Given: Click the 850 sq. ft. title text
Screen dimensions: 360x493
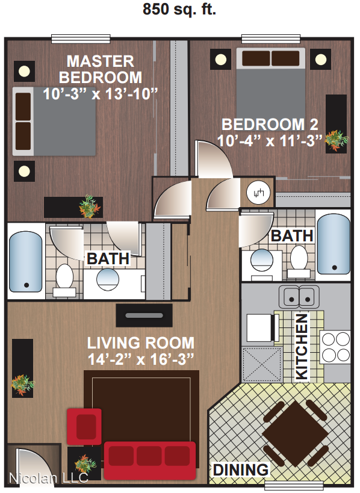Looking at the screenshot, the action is click(x=179, y=9).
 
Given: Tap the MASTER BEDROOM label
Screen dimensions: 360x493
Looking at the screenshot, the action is click(x=101, y=69).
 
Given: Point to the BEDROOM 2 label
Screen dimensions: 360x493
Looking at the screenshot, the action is click(x=270, y=125).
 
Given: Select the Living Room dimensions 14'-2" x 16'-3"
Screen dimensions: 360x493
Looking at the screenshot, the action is click(x=140, y=359).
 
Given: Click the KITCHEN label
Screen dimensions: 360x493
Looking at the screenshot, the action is click(x=302, y=347).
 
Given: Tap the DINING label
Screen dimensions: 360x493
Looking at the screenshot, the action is click(x=241, y=470).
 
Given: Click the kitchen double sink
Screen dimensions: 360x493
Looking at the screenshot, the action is click(x=299, y=297).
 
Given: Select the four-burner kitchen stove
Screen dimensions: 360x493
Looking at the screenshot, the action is click(x=335, y=347).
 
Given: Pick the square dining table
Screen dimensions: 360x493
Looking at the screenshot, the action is click(x=295, y=434).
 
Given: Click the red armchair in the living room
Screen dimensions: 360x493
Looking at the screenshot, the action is click(x=84, y=427).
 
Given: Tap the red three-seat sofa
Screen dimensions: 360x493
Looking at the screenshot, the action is click(x=150, y=460).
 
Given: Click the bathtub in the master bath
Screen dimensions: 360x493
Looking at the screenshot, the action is click(x=25, y=262).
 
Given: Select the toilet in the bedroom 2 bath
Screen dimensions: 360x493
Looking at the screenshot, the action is click(x=299, y=262).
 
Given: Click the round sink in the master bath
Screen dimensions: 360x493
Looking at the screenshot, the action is click(x=108, y=279).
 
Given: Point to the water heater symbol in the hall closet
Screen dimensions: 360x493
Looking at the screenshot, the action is click(x=258, y=193).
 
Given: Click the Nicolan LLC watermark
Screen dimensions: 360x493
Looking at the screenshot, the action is click(x=48, y=478).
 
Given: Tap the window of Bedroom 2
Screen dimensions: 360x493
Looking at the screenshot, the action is click(x=271, y=39).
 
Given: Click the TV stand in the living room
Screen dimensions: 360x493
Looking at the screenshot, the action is click(x=144, y=315).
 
